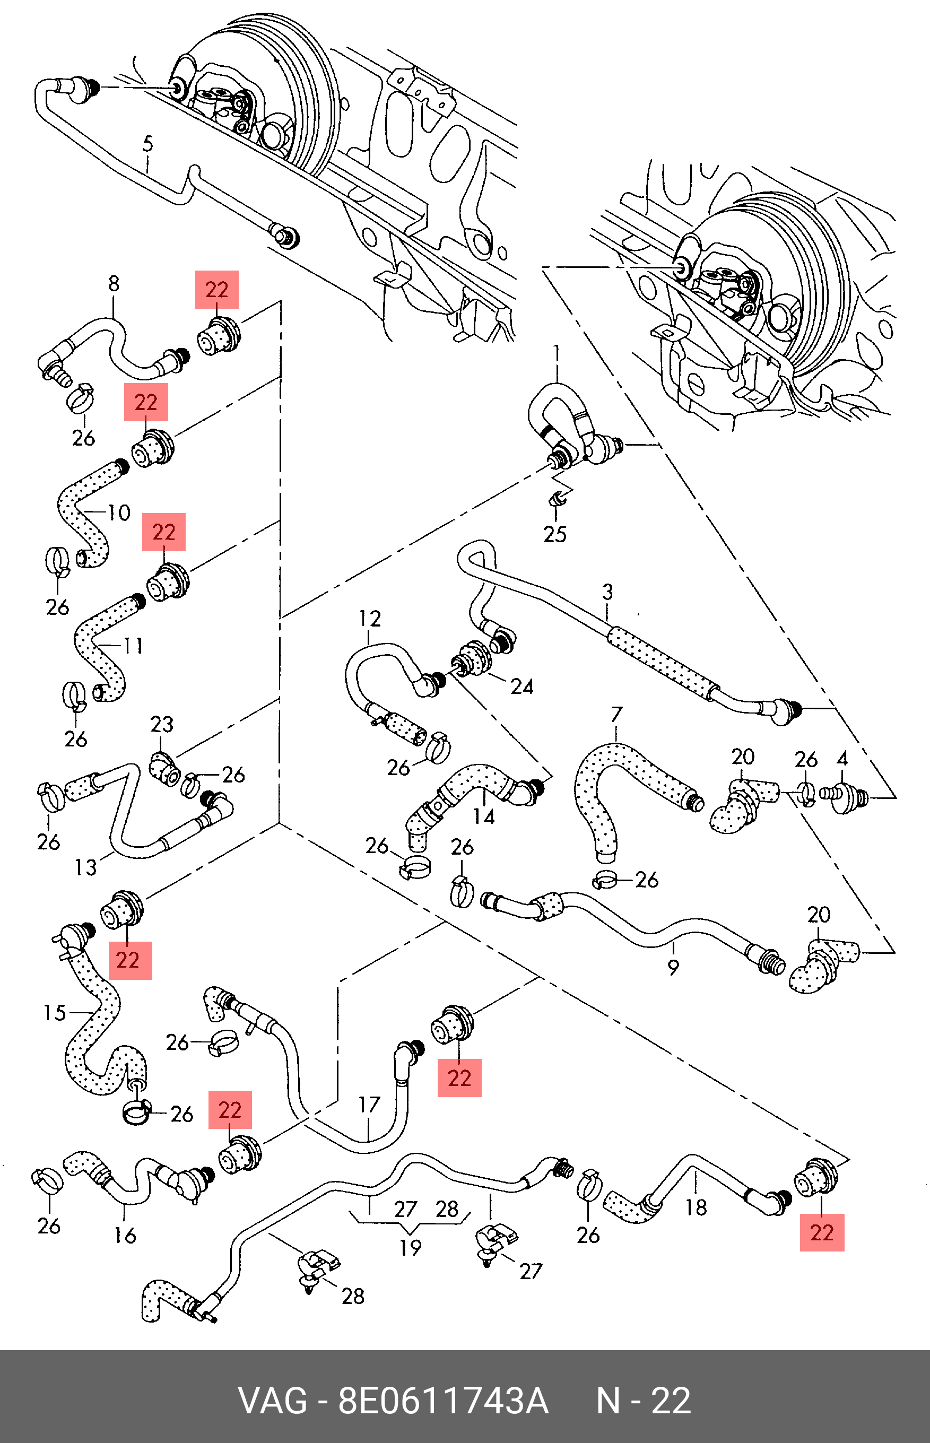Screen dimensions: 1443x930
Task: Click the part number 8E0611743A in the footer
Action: pos(442,1401)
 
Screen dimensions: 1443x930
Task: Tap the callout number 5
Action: pos(148,144)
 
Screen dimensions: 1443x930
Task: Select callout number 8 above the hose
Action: pos(114,283)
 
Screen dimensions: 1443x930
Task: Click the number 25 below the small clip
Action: pos(554,534)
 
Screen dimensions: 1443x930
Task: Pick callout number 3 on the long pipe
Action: pos(607,592)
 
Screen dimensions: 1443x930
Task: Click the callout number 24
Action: pos(522,686)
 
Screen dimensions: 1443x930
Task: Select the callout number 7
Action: pos(616,714)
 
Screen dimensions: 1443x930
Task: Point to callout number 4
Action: pos(842,758)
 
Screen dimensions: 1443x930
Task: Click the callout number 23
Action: pos(161,724)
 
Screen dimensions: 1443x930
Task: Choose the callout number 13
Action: pos(85,867)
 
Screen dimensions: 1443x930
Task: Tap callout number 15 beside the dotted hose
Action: pos(54,1013)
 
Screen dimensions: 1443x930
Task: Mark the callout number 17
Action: pos(369,1105)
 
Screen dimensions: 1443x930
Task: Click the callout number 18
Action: pos(696,1207)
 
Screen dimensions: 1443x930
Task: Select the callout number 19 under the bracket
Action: pos(410,1247)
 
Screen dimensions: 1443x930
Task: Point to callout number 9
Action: pos(673,967)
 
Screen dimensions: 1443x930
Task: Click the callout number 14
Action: pos(484,816)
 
